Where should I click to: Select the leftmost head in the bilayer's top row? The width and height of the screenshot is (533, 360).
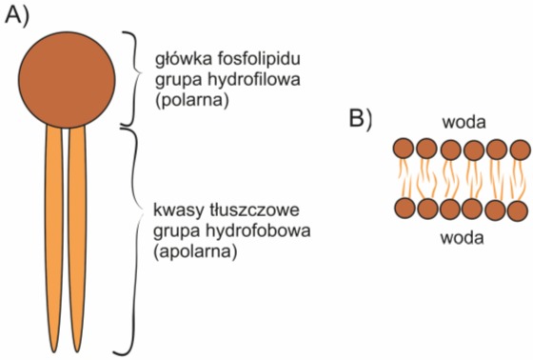(403, 149)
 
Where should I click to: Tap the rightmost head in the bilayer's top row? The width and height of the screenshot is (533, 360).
(520, 149)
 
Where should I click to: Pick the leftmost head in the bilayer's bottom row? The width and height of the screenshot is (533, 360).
(403, 210)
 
